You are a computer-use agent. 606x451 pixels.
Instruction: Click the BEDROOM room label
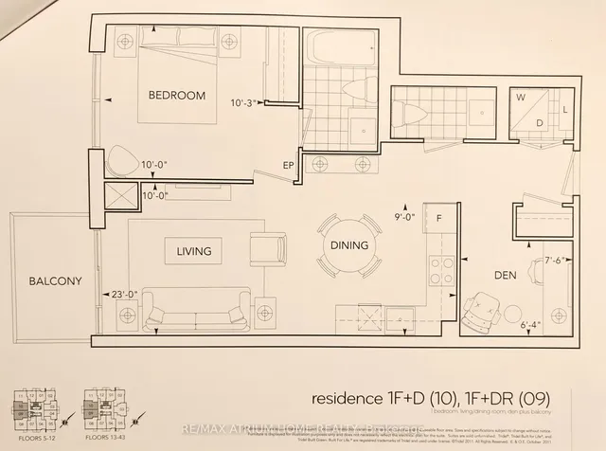point(176,96)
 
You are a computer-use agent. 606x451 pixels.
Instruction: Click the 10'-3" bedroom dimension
point(244,103)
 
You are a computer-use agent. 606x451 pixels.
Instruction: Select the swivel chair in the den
point(485,308)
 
